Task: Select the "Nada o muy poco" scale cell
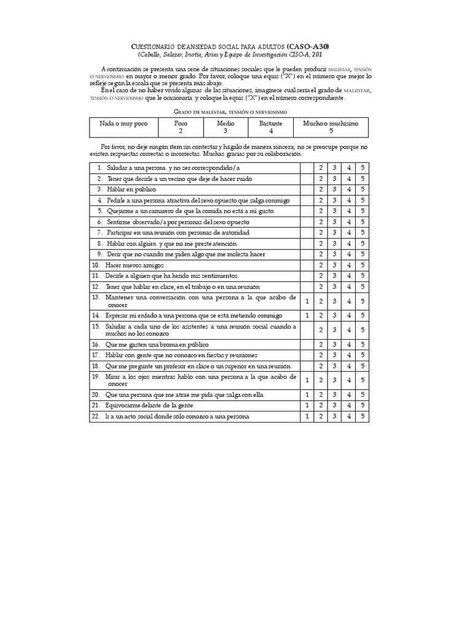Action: tap(124, 123)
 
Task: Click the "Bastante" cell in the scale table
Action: tap(270, 127)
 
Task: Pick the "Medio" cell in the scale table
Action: tap(225, 127)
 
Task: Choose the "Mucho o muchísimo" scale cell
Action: tap(331, 127)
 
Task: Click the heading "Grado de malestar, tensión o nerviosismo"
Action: tap(230, 112)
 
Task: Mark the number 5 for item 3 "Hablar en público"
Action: tap(362, 190)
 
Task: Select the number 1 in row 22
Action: tap(307, 416)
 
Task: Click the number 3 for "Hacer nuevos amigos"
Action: tap(334, 266)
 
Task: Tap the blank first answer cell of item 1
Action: tap(307, 167)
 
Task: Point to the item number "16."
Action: tap(96, 345)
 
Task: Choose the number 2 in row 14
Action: tap(320, 315)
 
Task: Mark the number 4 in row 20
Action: tap(348, 394)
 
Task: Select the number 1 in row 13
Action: tap(307, 301)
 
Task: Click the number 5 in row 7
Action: tap(362, 233)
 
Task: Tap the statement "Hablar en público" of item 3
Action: tap(131, 190)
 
